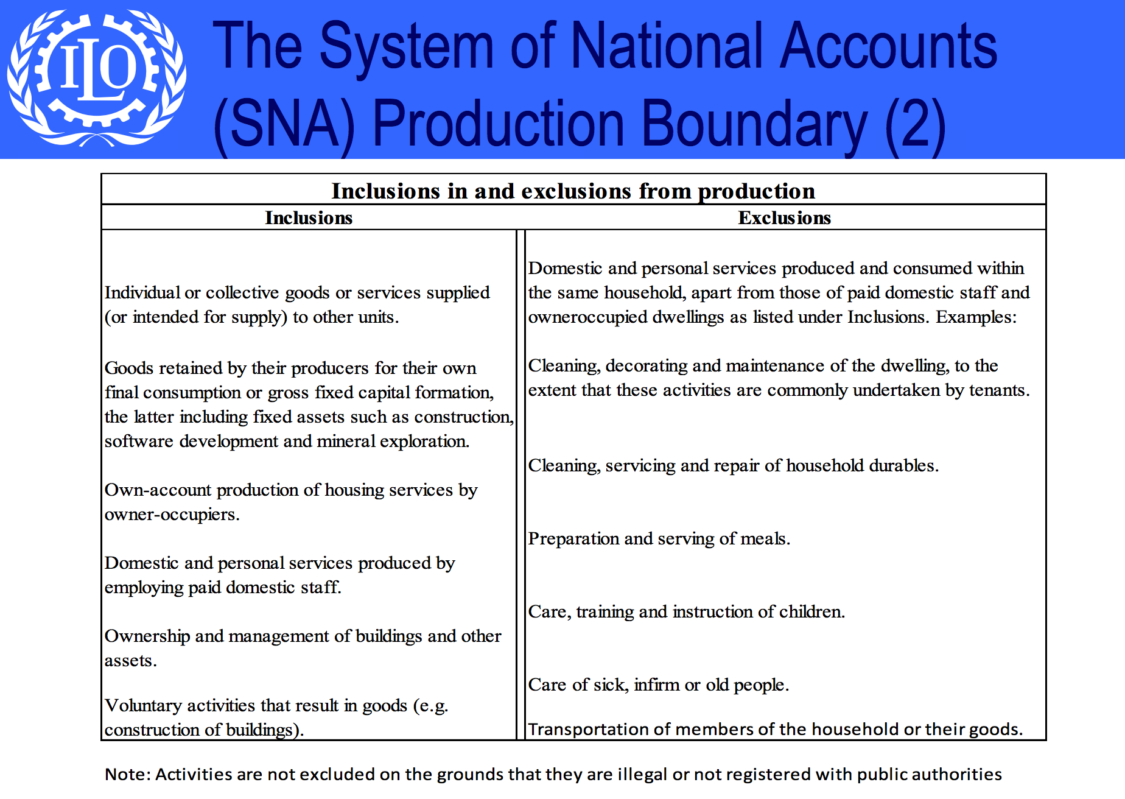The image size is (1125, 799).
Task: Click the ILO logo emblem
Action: point(96,78)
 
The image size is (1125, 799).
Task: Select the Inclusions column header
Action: point(309,218)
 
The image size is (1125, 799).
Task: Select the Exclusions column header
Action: point(784,218)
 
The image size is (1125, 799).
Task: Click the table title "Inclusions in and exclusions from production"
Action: point(573,191)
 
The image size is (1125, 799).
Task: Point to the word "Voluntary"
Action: point(143,705)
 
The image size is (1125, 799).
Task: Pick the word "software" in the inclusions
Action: point(139,442)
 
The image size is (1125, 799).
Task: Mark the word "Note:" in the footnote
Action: point(127,775)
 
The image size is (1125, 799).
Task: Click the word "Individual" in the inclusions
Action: point(141,293)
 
